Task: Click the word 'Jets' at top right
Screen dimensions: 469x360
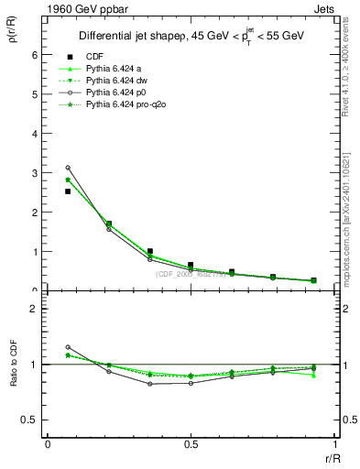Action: pyautogui.click(x=324, y=8)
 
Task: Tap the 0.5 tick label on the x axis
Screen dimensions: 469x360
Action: pyautogui.click(x=190, y=443)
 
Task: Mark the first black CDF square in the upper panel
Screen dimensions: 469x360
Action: pyautogui.click(x=68, y=191)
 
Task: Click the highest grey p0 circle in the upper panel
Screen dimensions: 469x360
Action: pyautogui.click(x=68, y=168)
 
